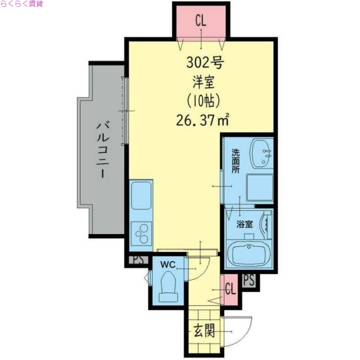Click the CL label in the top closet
[x=201, y=21]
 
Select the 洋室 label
[x=204, y=82]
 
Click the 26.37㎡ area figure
[x=204, y=120]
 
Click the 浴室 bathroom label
[x=245, y=223]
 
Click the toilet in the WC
[x=170, y=286]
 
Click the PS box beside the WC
[x=137, y=260]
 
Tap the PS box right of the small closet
[x=248, y=280]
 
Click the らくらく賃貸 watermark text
[x=22, y=4]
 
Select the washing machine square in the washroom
[x=260, y=187]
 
